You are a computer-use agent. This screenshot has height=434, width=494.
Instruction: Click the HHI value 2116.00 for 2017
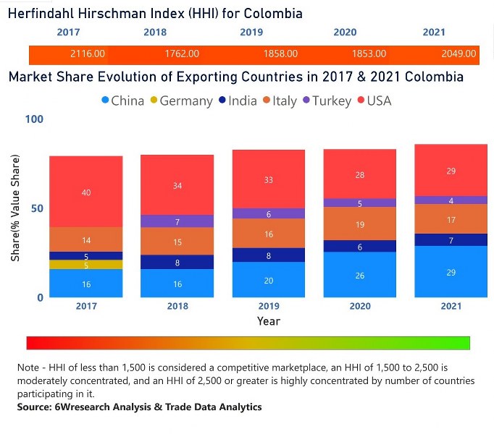pyautogui.click(x=88, y=54)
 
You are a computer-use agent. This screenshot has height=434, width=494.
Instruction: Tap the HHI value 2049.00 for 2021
pyautogui.click(x=459, y=54)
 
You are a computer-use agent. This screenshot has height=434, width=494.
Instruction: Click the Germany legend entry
pyautogui.click(x=180, y=101)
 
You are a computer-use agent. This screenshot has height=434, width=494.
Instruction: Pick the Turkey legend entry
pyautogui.click(x=327, y=101)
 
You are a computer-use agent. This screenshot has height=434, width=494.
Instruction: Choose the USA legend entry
pyautogui.click(x=373, y=101)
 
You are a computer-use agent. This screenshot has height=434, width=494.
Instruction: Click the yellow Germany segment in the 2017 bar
pyautogui.click(x=86, y=265)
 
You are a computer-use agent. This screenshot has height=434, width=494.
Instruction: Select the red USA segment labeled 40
pyautogui.click(x=86, y=192)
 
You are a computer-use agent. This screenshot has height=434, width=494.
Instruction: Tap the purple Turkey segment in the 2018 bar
pyautogui.click(x=177, y=221)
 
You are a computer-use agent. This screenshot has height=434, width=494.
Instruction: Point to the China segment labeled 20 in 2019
pyautogui.click(x=269, y=280)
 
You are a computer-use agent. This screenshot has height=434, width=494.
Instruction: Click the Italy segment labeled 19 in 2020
pyautogui.click(x=360, y=224)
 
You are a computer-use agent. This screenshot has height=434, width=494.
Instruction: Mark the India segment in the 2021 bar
pyautogui.click(x=451, y=240)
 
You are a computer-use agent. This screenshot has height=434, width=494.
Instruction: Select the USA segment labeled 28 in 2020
pyautogui.click(x=360, y=174)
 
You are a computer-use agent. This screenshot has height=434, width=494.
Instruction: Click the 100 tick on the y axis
pyautogui.click(x=34, y=119)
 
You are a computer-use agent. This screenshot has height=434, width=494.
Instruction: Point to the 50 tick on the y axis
pyautogui.click(x=37, y=208)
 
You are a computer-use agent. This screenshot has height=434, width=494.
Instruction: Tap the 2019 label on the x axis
pyautogui.click(x=269, y=306)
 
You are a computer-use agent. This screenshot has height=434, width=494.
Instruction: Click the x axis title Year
pyautogui.click(x=269, y=320)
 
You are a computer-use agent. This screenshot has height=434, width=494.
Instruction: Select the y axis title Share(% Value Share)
pyautogui.click(x=14, y=208)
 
